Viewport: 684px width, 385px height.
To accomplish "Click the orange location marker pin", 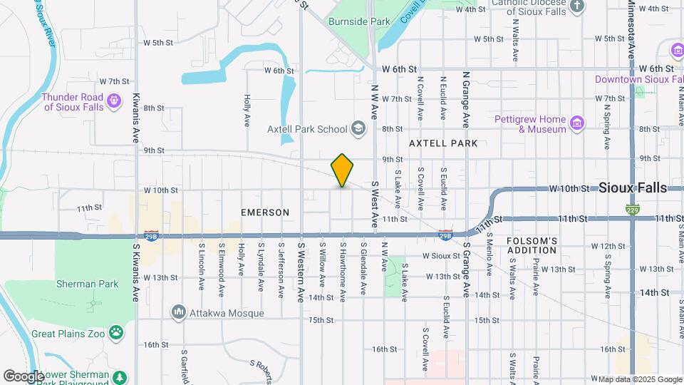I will click(342, 170).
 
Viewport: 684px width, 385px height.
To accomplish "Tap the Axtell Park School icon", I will click(358, 129).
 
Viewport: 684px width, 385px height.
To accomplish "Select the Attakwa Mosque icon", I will click(178, 312).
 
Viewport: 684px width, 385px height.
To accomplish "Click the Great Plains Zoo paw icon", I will click(115, 332).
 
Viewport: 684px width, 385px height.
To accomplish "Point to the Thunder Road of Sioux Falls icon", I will click(114, 102).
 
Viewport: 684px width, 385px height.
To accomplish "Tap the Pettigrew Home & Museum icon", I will click(577, 124).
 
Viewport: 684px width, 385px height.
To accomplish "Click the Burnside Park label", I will click(359, 21).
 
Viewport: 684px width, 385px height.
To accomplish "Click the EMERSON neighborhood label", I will click(265, 212).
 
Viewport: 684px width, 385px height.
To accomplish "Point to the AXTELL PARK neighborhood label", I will click(443, 143).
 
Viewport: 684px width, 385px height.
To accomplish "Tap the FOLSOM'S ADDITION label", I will click(532, 245).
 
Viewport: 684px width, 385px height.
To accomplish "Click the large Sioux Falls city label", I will click(633, 188).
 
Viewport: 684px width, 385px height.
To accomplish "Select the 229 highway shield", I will click(632, 210).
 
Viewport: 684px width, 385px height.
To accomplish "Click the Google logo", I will click(24, 376).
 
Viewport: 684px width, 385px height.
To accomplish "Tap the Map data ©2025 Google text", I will click(639, 379).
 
